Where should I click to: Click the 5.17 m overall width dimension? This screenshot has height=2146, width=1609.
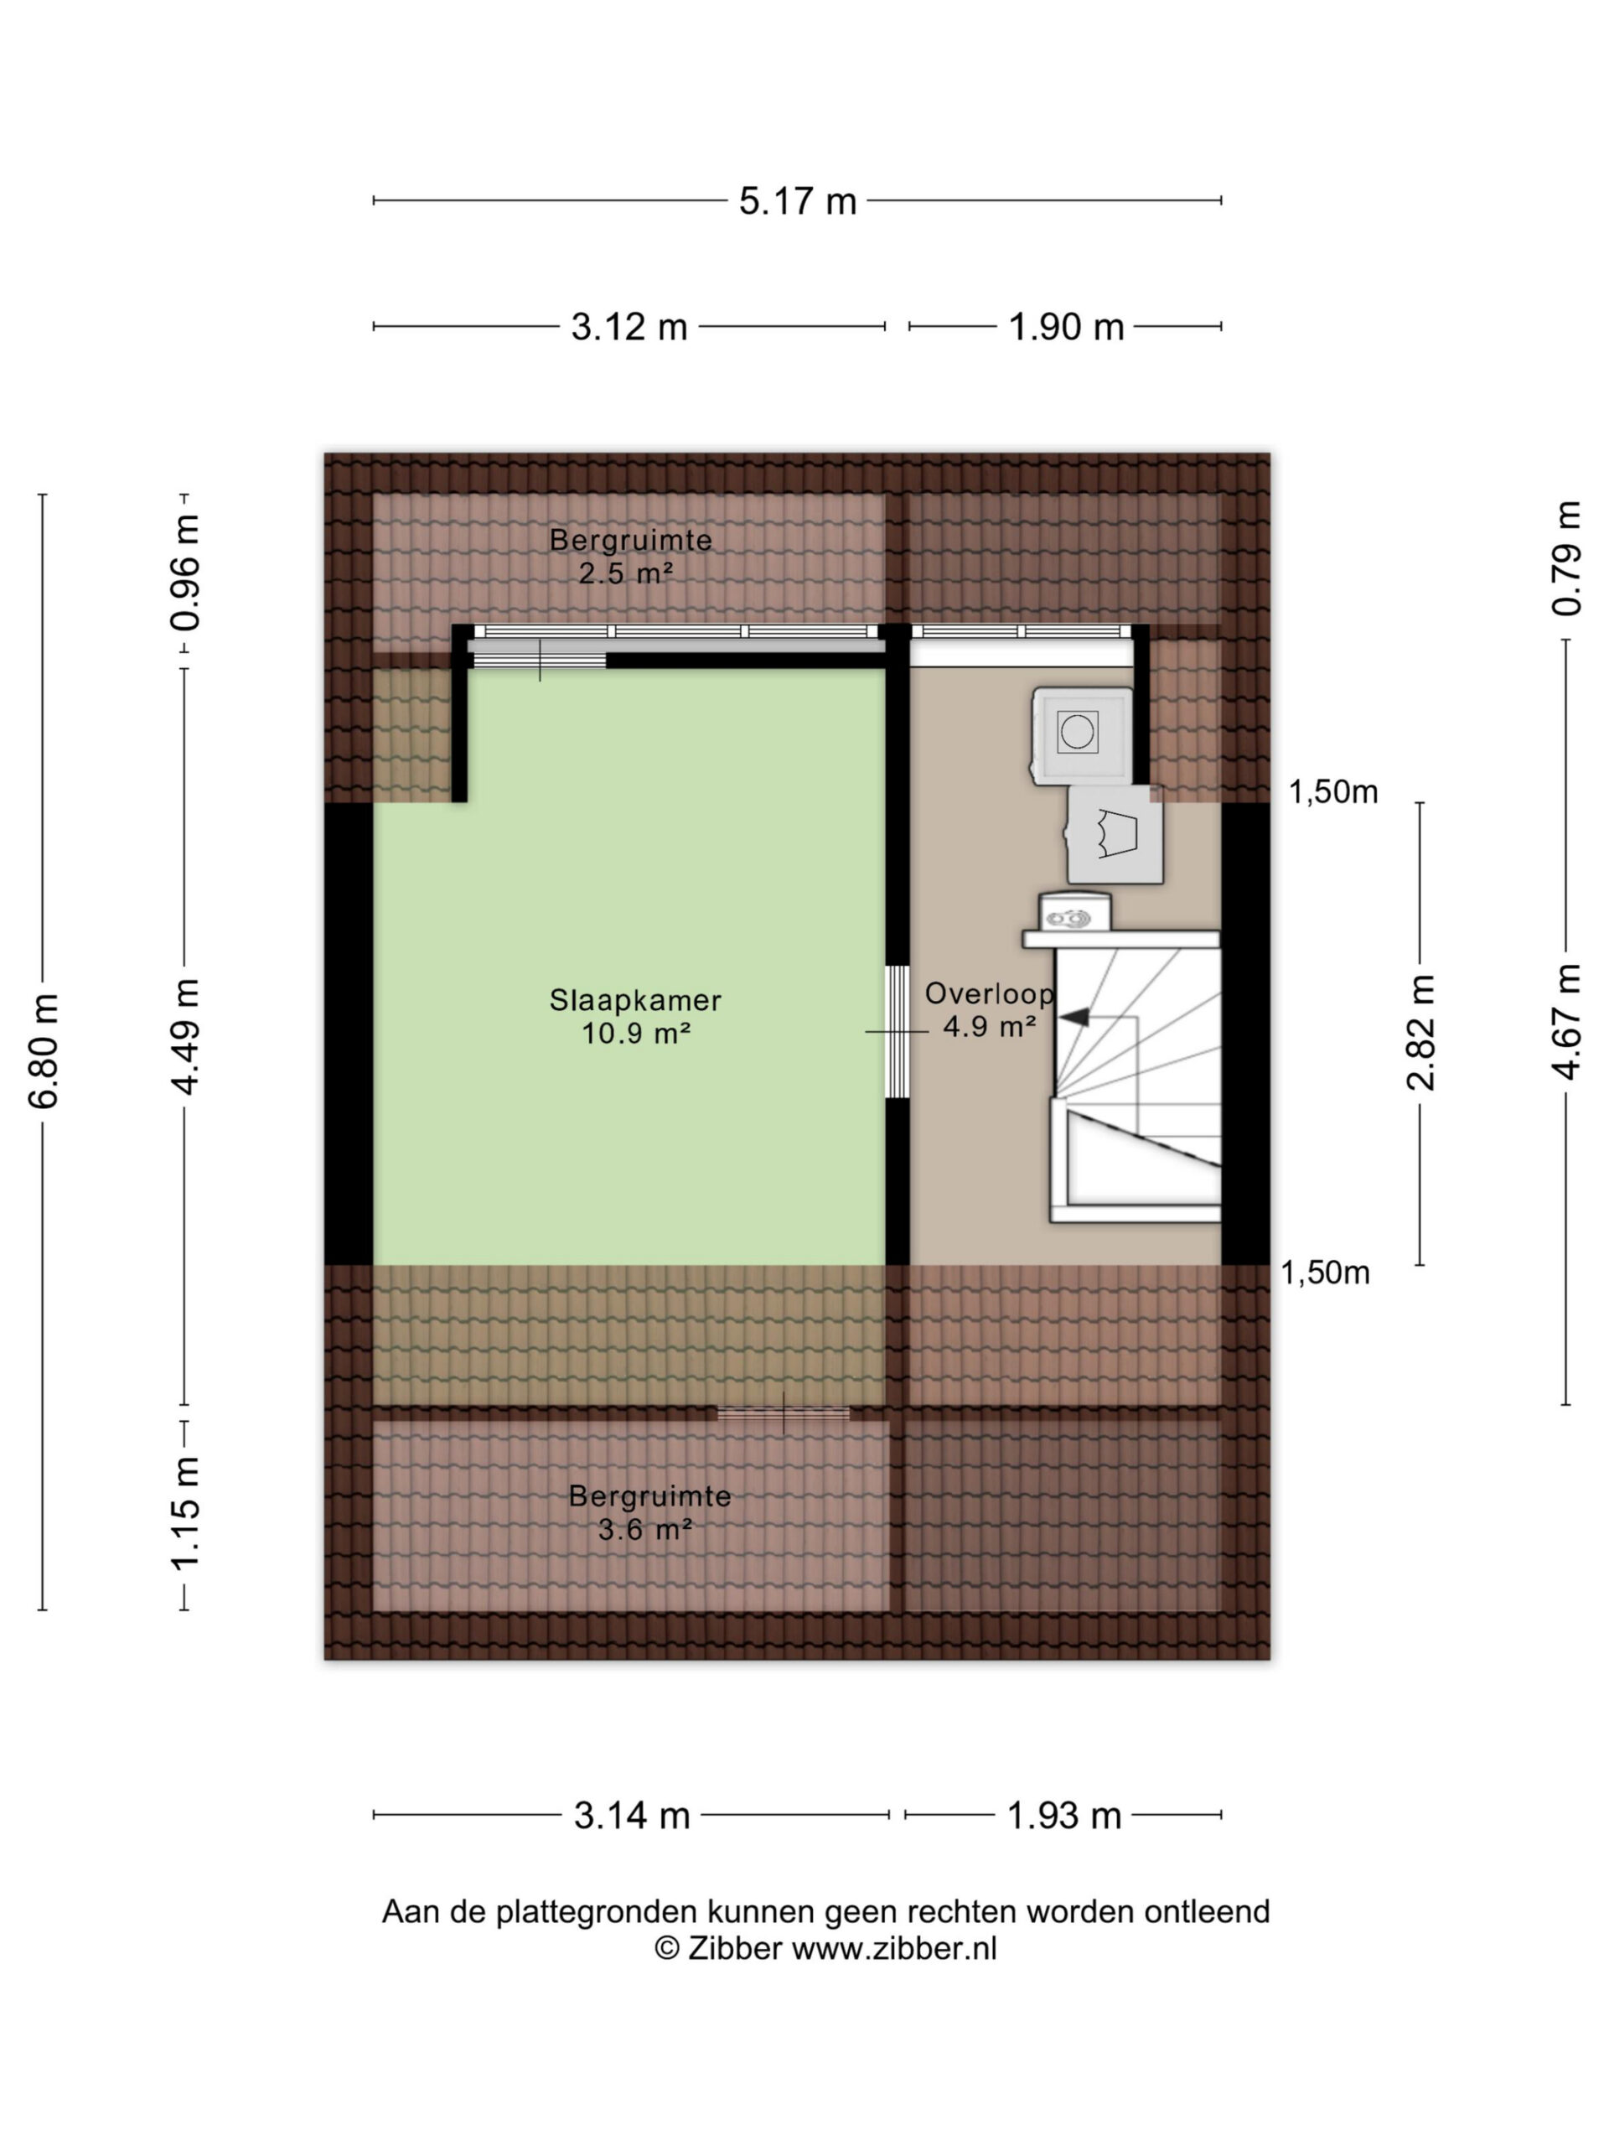coord(797,201)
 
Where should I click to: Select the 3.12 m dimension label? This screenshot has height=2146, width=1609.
coord(629,327)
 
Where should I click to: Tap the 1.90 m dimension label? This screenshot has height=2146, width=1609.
coord(1066,327)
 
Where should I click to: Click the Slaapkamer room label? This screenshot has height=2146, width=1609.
coord(635,999)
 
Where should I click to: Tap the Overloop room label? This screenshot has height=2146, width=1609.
coord(989,993)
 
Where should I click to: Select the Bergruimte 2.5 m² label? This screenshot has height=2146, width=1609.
coord(630,556)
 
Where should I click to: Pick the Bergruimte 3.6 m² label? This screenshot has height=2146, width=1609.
coord(649,1511)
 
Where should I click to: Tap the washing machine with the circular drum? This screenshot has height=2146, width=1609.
coord(1081,734)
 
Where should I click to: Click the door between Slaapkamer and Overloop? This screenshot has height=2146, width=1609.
coord(898,1031)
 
